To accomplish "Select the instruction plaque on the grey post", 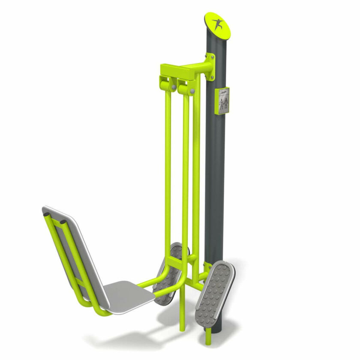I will pyautogui.click(x=222, y=101).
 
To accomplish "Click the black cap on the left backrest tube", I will pyautogui.click(x=46, y=214).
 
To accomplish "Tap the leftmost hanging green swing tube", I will pyautogui.click(x=168, y=163).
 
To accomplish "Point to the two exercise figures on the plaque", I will pyautogui.click(x=223, y=105).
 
